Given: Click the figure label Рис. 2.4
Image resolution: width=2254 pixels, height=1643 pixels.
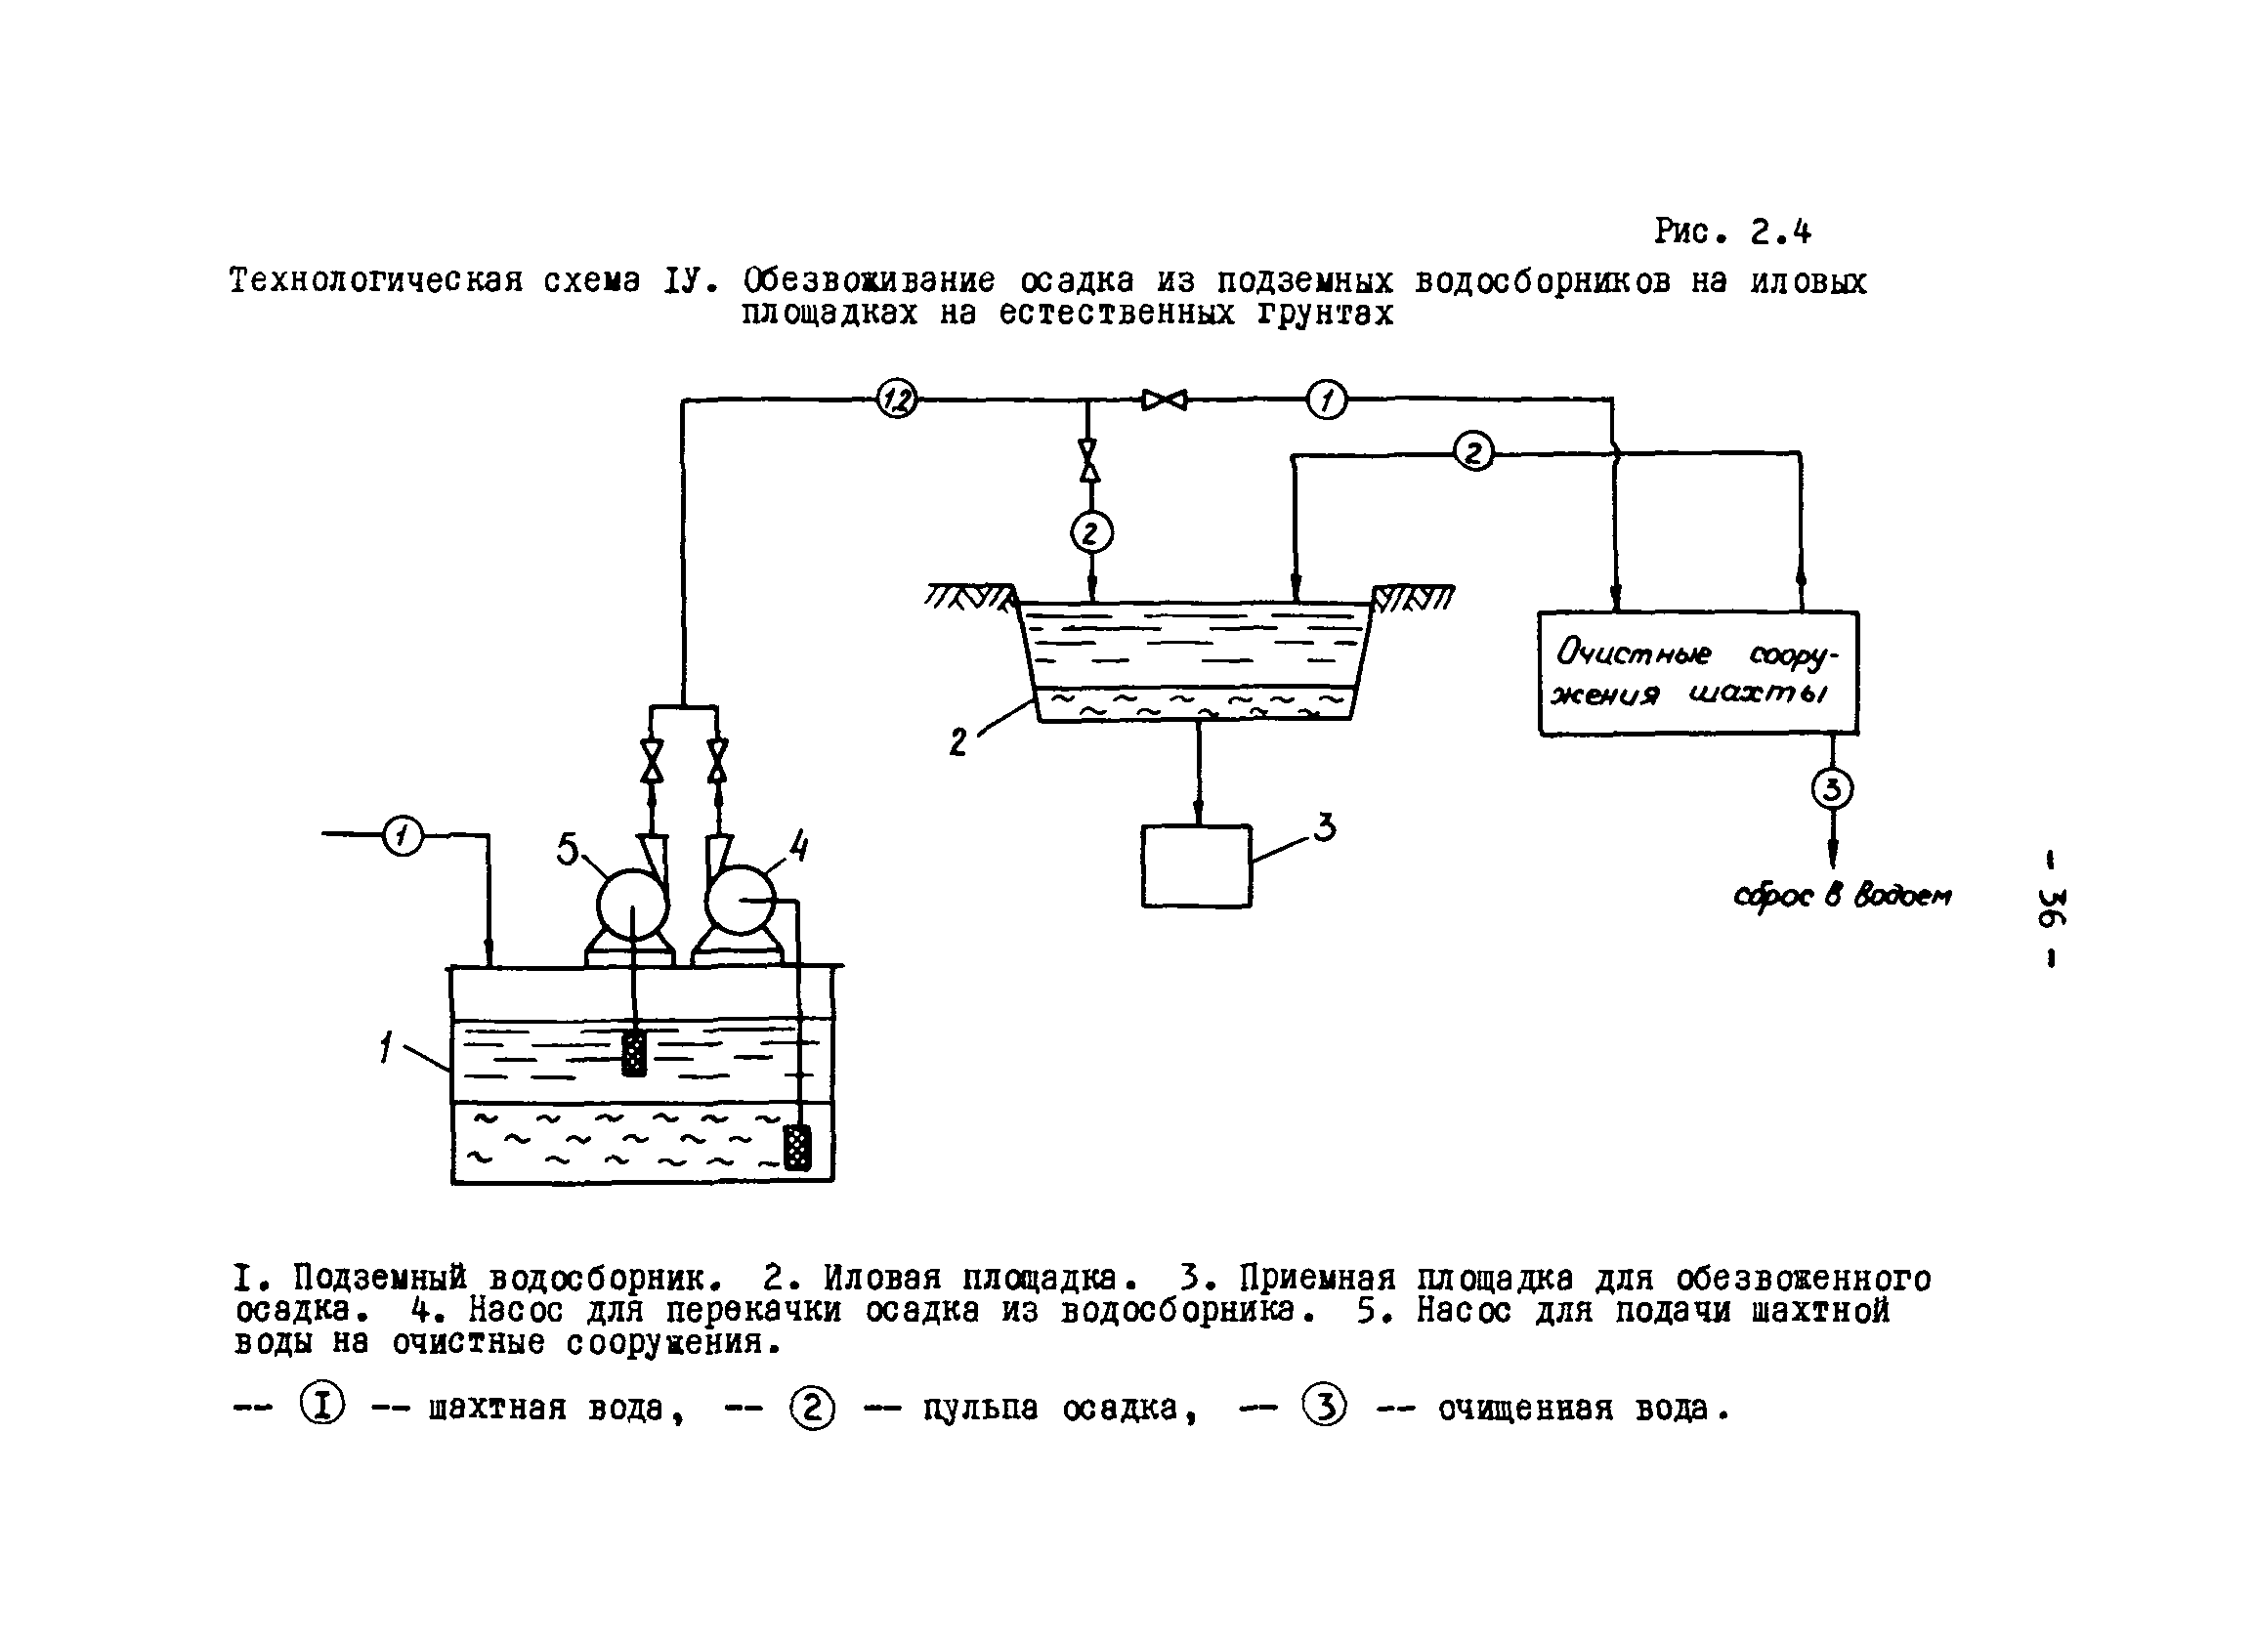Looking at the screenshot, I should tap(1732, 232).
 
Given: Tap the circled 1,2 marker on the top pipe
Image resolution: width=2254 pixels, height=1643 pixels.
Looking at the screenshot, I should tap(896, 400).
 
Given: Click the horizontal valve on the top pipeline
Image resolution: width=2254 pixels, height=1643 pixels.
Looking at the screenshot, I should tap(1164, 400).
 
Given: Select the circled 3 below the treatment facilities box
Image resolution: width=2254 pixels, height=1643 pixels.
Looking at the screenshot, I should tap(1832, 788).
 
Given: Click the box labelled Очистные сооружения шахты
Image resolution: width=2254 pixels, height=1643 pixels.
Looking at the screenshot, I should tap(1698, 673).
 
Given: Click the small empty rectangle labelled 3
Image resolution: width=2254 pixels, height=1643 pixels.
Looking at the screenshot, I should tap(1196, 865).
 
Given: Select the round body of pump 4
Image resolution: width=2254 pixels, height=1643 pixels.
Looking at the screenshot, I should tap(739, 900).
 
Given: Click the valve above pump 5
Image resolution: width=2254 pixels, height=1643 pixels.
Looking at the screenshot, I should tap(652, 759).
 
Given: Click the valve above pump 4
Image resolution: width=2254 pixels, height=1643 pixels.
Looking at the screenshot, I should tap(717, 759).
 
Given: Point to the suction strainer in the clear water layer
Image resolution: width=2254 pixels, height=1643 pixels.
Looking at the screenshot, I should tap(634, 1054).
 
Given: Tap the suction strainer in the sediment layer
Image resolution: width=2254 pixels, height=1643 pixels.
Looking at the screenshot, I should tap(796, 1148).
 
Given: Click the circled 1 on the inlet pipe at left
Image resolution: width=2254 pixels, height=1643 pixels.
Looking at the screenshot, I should tap(402, 834).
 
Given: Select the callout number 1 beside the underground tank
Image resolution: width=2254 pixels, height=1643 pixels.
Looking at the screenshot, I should tap(386, 1047).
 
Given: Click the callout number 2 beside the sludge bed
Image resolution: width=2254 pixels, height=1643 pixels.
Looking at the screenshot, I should tap(957, 742).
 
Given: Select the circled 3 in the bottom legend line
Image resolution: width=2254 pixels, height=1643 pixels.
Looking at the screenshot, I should tap(1324, 1408).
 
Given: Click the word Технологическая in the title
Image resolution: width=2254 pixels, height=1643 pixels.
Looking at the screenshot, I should tap(376, 281).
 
